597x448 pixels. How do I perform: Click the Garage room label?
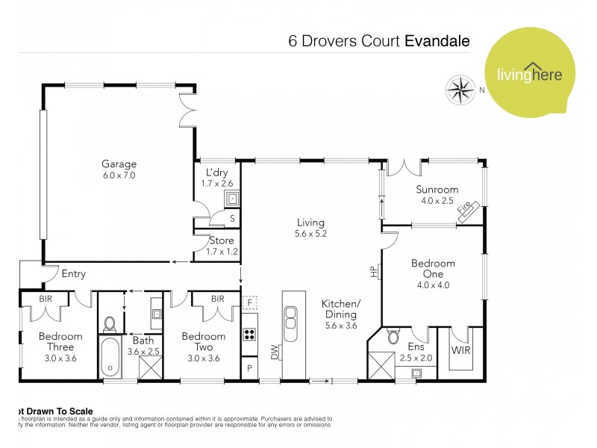click(119, 164)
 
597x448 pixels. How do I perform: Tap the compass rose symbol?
click(461, 91)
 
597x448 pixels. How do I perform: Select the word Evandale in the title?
click(437, 40)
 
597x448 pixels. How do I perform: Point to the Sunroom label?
click(437, 189)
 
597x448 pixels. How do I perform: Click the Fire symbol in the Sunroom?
click(468, 211)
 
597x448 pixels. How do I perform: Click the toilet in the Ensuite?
click(393, 337)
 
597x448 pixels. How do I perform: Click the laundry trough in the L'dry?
click(233, 199)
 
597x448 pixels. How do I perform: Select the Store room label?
click(222, 240)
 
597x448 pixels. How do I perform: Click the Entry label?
click(73, 274)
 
